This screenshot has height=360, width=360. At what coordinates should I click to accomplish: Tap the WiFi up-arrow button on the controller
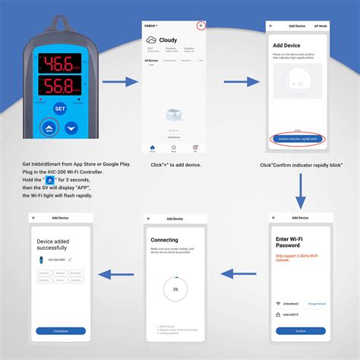(x=50, y=128)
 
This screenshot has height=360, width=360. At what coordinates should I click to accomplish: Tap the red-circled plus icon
(x=201, y=25)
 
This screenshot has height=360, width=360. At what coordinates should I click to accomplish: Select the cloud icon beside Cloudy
(x=152, y=41)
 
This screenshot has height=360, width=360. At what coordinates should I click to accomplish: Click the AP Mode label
(x=321, y=25)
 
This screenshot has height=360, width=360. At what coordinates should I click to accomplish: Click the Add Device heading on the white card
(x=287, y=46)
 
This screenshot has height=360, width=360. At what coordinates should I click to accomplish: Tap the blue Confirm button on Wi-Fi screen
(x=301, y=330)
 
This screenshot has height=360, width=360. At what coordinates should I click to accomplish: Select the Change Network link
(x=317, y=303)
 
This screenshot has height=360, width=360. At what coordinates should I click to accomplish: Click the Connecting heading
(x=165, y=240)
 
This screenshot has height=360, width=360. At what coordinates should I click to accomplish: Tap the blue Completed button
(x=61, y=330)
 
